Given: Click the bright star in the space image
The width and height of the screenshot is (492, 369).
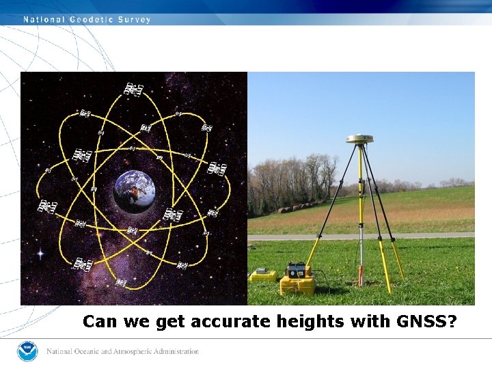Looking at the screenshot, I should point(40,254).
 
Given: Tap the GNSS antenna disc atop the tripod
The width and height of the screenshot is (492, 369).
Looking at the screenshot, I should point(359,139).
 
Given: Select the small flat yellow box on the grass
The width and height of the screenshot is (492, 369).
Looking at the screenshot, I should point(263,275).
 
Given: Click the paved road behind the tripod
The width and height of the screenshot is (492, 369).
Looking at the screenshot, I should point(424,235).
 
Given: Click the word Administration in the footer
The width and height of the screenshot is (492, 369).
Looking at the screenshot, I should point(173,352).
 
